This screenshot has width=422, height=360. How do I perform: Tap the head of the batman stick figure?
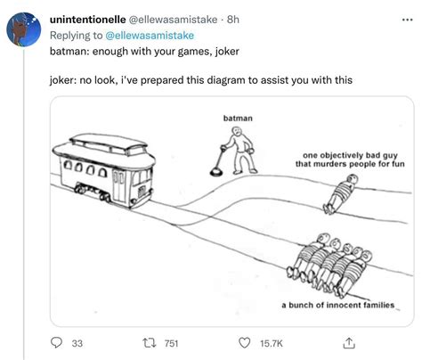[x=237, y=131]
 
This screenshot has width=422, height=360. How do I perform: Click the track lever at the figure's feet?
[x=217, y=168]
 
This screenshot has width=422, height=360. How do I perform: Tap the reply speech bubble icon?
[x=56, y=342]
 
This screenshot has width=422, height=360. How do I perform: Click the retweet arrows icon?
[x=148, y=342]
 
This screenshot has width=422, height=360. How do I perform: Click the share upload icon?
[x=348, y=341]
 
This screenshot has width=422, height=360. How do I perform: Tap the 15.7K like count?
[x=270, y=343]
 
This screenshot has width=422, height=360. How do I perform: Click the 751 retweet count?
[x=172, y=343]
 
